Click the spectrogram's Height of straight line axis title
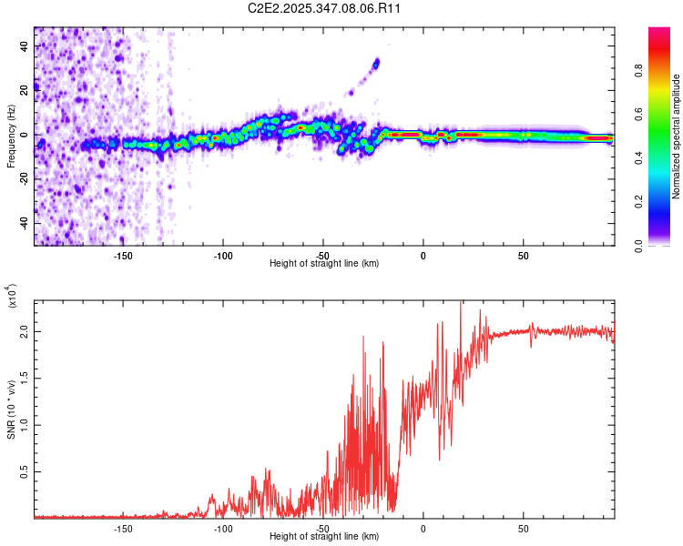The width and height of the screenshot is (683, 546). point(324,264)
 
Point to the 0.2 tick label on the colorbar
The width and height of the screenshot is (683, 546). point(640,202)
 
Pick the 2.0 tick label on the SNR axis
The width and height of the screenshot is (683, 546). point(24,334)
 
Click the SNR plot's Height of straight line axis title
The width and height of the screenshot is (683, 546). point(324,537)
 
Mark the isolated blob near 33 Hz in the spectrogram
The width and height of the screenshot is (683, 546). point(375,63)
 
